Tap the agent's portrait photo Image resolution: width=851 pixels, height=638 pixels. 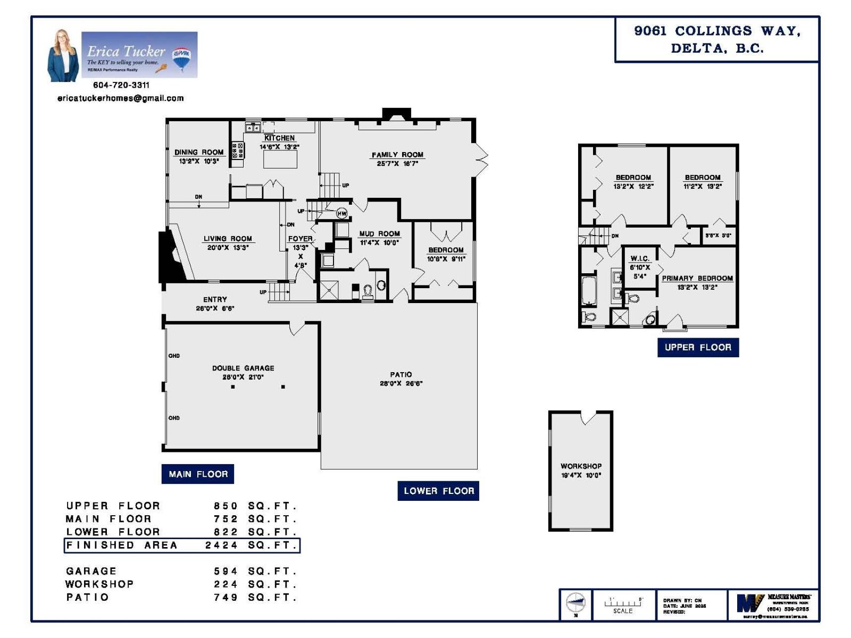coord(63,56)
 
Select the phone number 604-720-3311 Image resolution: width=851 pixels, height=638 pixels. coord(121,85)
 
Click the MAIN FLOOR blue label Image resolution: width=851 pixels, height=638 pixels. coord(198,474)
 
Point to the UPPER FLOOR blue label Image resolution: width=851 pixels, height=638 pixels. coord(698,347)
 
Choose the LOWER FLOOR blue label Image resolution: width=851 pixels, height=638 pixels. coord(438,491)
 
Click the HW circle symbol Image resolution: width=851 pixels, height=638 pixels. coord(342,214)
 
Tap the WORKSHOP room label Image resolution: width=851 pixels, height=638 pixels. coord(581,466)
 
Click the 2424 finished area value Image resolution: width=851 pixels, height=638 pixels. coord(221,545)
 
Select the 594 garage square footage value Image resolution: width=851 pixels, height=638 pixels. coord(226,571)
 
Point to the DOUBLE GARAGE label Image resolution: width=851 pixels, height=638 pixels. coord(243,368)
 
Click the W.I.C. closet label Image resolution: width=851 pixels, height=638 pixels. coord(640,259)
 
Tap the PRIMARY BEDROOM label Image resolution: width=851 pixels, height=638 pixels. coord(697,278)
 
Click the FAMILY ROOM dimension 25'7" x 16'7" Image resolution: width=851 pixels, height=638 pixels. coord(397,164)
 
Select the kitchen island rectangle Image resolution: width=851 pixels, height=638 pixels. coord(280,159)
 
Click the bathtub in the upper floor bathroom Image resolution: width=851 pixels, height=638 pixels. coord(589,290)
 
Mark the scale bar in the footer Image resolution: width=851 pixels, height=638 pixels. coord(623,603)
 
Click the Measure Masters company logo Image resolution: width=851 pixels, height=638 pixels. coord(750,603)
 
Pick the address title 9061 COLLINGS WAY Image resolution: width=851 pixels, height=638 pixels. coord(717,31)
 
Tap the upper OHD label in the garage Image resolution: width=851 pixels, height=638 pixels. coord(174,356)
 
